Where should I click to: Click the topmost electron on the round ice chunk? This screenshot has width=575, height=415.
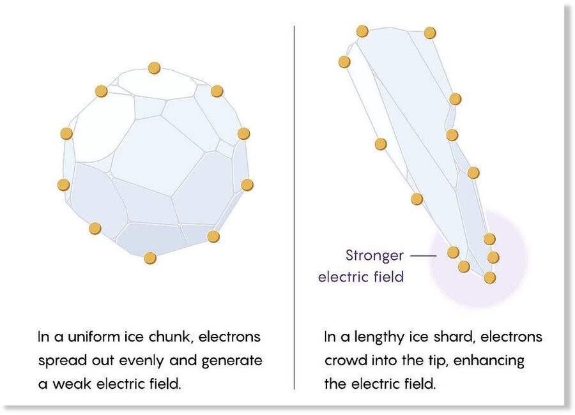(154, 68)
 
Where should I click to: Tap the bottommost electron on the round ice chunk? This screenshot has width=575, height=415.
(150, 258)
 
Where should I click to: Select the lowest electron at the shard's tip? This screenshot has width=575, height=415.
(489, 278)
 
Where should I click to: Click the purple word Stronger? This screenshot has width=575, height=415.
(374, 255)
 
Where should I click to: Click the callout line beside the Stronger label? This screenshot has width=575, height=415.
(423, 255)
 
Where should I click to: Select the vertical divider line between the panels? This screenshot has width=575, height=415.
(294, 207)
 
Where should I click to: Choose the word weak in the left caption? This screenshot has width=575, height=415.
(72, 384)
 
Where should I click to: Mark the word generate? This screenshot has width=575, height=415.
(232, 361)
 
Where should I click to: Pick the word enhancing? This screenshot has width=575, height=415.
(489, 361)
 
